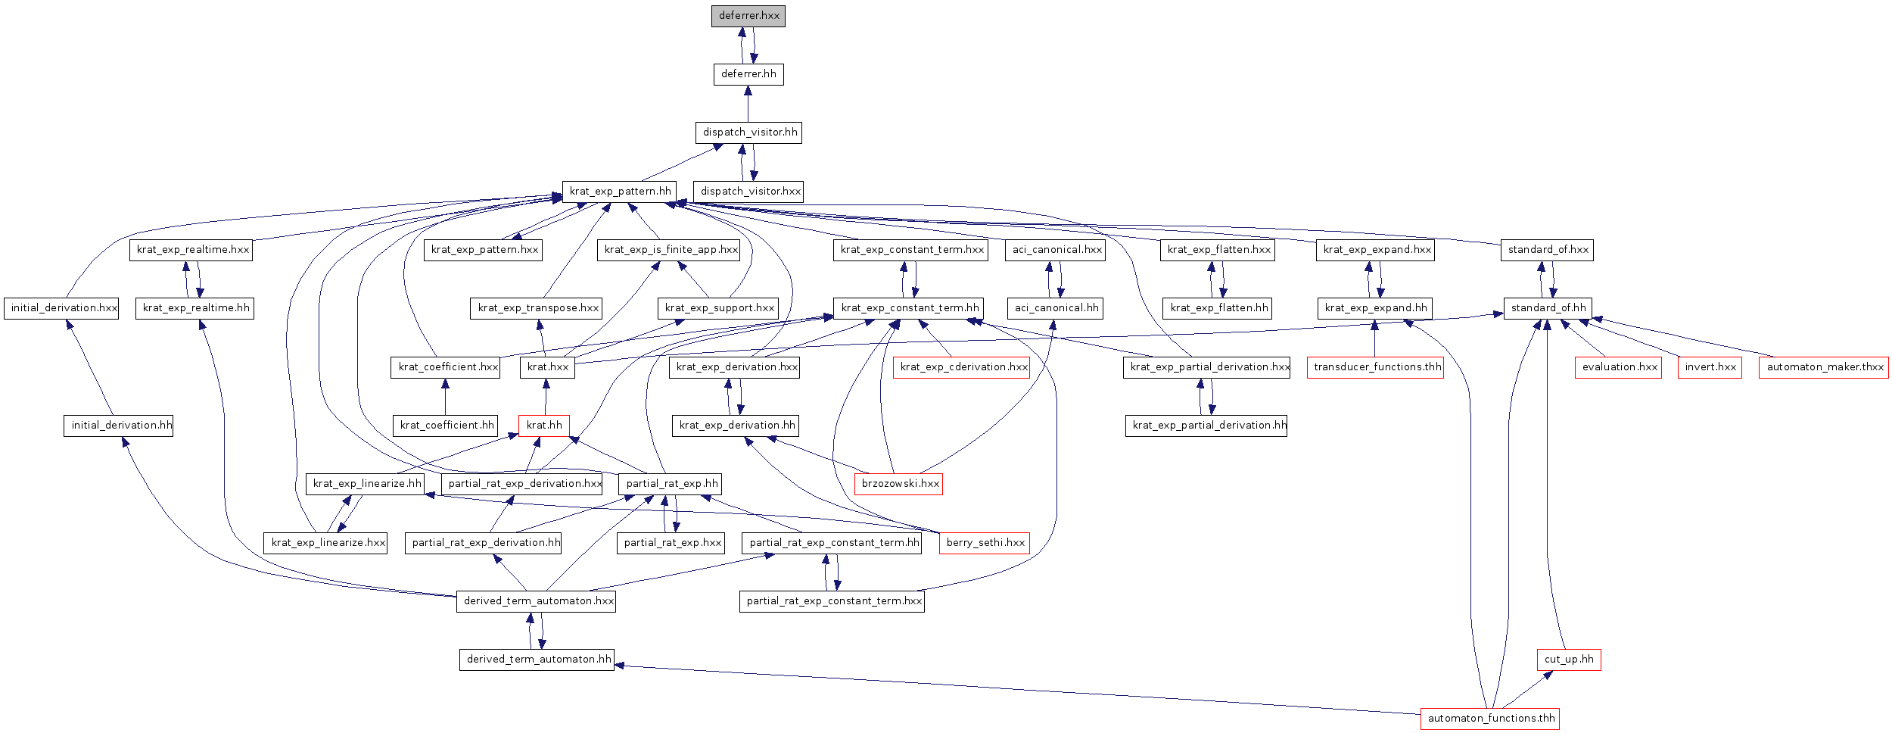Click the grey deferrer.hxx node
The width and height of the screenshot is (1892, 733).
pyautogui.click(x=748, y=16)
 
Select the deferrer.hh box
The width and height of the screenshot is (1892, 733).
pyautogui.click(x=748, y=74)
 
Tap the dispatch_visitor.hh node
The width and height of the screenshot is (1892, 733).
pyautogui.click(x=748, y=133)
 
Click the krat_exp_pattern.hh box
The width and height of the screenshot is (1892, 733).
pyautogui.click(x=619, y=192)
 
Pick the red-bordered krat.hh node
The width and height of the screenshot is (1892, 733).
pyautogui.click(x=544, y=426)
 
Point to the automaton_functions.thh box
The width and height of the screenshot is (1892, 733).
pyautogui.click(x=1490, y=719)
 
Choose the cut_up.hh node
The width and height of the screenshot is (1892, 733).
pyautogui.click(x=1569, y=660)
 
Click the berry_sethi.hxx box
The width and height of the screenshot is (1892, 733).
pyautogui.click(x=985, y=543)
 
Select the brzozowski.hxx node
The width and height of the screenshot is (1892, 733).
pyautogui.click(x=899, y=484)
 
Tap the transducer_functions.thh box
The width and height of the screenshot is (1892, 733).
pyautogui.click(x=1375, y=367)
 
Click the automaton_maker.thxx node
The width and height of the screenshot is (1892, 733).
pyautogui.click(x=1824, y=367)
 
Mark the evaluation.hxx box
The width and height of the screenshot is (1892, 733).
pyautogui.click(x=1618, y=367)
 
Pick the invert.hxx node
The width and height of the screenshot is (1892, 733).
pyautogui.click(x=1710, y=367)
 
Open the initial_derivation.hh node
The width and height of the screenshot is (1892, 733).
pyautogui.click(x=118, y=426)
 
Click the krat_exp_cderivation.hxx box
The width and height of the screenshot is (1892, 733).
pyautogui.click(x=962, y=367)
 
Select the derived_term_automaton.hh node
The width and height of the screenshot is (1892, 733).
pyautogui.click(x=537, y=660)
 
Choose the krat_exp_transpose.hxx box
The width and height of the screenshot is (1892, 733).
pyautogui.click(x=536, y=308)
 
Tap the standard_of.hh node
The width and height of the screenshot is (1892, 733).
pyautogui.click(x=1548, y=308)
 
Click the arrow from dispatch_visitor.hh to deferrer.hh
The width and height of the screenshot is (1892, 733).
pyautogui.click(x=748, y=104)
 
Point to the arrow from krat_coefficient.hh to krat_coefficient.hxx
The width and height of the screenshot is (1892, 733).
pyautogui.click(x=445, y=396)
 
